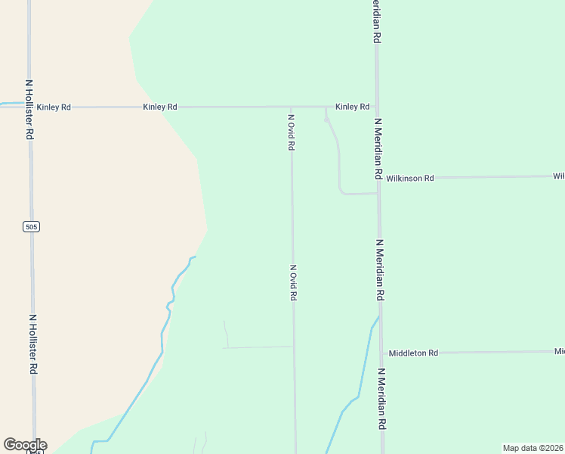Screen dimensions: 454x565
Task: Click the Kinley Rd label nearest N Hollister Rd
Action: tap(54, 107)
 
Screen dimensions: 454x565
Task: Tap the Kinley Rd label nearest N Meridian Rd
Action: tap(353, 107)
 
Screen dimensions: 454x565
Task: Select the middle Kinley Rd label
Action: tap(159, 107)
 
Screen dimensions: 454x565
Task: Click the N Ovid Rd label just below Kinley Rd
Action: tap(291, 132)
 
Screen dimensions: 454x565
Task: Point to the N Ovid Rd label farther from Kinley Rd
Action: tap(293, 283)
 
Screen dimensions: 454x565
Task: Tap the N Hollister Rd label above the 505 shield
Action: tap(29, 110)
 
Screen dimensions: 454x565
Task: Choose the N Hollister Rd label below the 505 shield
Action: tap(33, 344)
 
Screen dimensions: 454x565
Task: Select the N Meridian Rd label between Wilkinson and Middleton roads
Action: tap(381, 270)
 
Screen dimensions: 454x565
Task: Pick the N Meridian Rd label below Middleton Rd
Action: tap(382, 399)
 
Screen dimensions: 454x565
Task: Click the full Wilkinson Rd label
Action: tap(410, 179)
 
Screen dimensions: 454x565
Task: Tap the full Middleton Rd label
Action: tap(413, 353)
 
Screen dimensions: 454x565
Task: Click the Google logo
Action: tap(25, 445)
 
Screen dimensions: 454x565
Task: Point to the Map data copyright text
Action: tap(533, 448)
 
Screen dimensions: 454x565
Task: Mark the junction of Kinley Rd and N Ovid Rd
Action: tap(292, 107)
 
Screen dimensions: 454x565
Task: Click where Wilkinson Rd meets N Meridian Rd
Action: tap(378, 179)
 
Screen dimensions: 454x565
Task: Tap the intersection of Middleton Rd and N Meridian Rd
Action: tap(381, 353)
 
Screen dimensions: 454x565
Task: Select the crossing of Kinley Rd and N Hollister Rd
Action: tap(29, 107)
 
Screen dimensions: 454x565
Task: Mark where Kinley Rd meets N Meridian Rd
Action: tap(376, 107)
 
